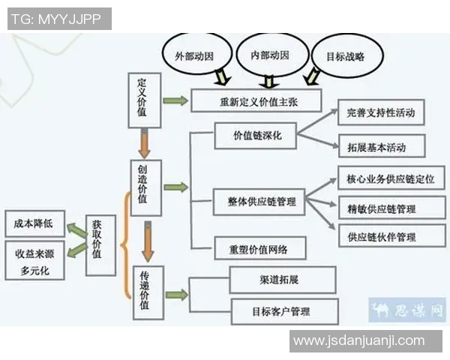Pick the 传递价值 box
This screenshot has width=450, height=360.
point(148,292)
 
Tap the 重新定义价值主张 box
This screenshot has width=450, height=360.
point(256,100)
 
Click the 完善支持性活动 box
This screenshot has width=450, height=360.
point(381,112)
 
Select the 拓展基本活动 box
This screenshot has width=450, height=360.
point(381,145)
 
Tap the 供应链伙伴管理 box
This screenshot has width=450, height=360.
point(391,236)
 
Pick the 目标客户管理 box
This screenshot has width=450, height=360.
point(284,310)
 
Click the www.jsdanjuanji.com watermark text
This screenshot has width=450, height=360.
point(358,341)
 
